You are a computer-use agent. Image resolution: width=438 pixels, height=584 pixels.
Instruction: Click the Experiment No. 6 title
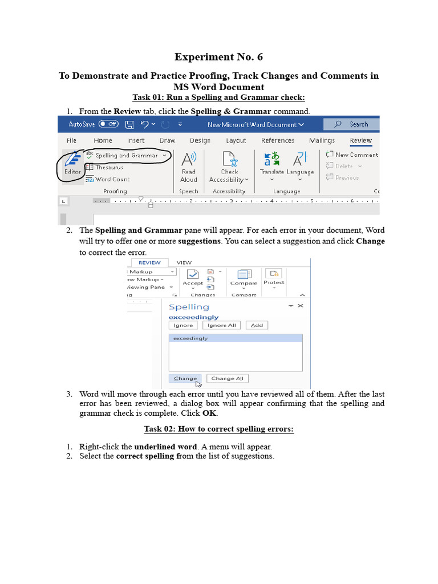coord(218,57)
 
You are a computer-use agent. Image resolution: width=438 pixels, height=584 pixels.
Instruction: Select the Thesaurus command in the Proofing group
coord(108,167)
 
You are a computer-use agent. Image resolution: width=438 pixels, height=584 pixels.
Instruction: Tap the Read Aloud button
coord(188,166)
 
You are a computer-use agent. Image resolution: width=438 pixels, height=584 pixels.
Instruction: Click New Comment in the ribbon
coord(352,155)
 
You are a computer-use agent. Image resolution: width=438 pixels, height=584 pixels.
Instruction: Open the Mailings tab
coord(322,140)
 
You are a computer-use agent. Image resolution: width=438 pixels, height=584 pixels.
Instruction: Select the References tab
coord(278,140)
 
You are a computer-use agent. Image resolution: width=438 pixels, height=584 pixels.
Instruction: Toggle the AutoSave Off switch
coord(108,124)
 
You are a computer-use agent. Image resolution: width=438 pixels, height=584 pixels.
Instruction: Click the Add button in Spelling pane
coord(257,325)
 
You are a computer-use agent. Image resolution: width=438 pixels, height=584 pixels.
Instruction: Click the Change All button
coord(227,378)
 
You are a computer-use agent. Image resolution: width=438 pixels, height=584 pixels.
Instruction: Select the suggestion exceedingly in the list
coord(236,338)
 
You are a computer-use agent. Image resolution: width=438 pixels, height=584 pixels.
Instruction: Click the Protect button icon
coord(274,276)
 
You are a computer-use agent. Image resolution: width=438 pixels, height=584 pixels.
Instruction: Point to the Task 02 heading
coord(218,429)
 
